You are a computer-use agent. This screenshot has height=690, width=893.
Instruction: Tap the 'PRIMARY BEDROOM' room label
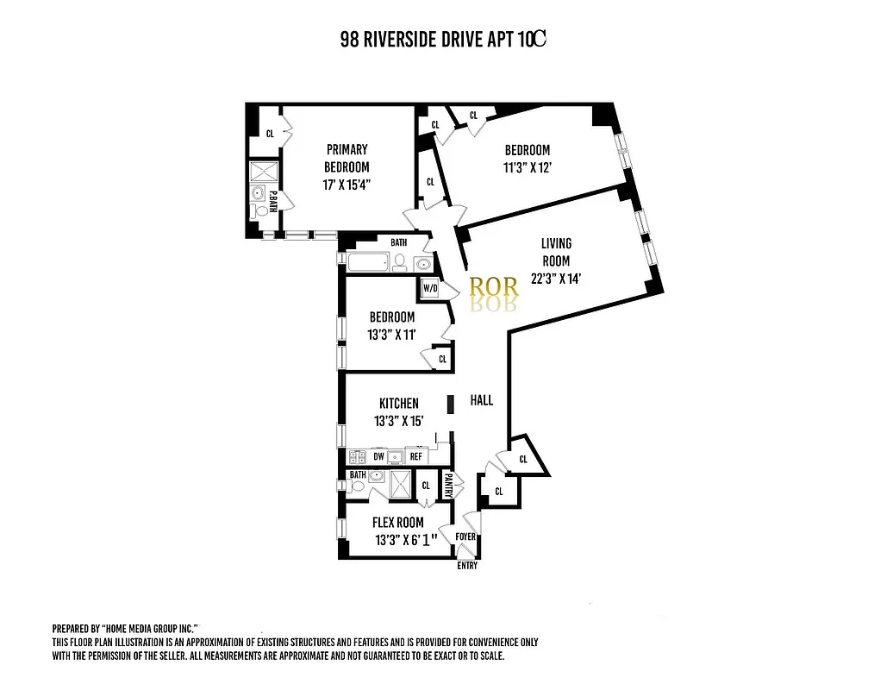coord(347,158)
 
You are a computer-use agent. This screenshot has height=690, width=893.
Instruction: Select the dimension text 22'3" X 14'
coord(557,278)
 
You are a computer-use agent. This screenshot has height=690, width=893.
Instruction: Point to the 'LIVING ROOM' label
coord(556,252)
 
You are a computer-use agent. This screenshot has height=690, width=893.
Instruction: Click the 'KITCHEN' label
coord(398,403)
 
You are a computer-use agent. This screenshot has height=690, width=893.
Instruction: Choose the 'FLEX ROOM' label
coord(397,523)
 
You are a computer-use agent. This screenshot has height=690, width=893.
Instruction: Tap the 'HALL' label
coord(482,400)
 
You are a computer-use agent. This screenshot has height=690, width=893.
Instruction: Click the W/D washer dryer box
coord(429,289)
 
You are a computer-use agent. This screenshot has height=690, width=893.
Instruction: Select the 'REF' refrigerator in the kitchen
coord(415,456)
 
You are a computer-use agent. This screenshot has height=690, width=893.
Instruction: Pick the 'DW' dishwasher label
coord(378,456)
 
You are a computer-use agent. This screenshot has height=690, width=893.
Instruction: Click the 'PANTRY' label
coord(448,486)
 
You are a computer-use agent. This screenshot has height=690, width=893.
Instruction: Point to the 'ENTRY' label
coord(466,566)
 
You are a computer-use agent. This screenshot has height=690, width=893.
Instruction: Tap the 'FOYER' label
coord(465,536)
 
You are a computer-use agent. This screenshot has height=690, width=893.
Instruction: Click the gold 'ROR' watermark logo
coord(493,287)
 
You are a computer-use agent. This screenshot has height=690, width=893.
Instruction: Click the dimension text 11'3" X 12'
coord(528,167)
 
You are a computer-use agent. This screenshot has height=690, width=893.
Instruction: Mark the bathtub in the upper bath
coord(368,263)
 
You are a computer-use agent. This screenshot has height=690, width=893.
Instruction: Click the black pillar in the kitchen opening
coord(450,405)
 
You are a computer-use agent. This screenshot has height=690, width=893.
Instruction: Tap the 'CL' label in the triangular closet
coord(523,460)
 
